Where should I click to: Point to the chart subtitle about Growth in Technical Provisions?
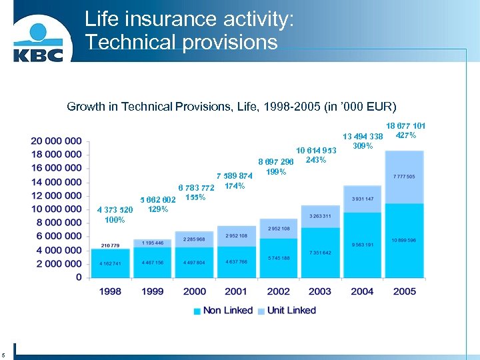pyautogui.click(x=231, y=107)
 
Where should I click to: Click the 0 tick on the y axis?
pyautogui.click(x=79, y=277)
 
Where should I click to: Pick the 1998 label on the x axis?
pyautogui.click(x=111, y=291)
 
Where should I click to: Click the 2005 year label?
pyautogui.click(x=404, y=291)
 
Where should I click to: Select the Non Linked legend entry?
pyautogui.click(x=223, y=310)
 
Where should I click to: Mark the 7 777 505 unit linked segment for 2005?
pyautogui.click(x=404, y=177)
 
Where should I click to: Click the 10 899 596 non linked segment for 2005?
pyautogui.click(x=404, y=240)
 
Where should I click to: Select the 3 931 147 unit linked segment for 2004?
pyautogui.click(x=362, y=199)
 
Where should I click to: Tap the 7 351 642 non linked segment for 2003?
pyautogui.click(x=320, y=253)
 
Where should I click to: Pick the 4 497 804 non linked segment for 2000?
pyautogui.click(x=194, y=263)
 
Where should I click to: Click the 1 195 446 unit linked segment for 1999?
pyautogui.click(x=152, y=243)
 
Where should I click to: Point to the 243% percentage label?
pyautogui.click(x=315, y=160)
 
